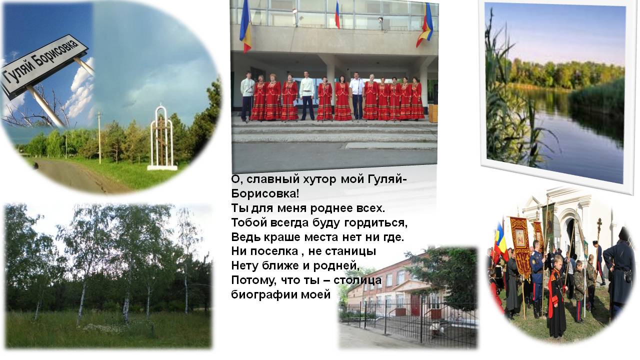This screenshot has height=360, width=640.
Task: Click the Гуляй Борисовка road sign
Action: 45,66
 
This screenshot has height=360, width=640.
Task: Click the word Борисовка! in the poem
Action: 265,193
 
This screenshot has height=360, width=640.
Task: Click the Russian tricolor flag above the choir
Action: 337,14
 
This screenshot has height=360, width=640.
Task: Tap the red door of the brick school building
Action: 415,305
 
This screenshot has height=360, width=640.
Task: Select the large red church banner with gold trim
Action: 519,245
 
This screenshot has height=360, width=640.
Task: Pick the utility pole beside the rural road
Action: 99,137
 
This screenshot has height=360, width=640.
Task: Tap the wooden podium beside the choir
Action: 432,113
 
